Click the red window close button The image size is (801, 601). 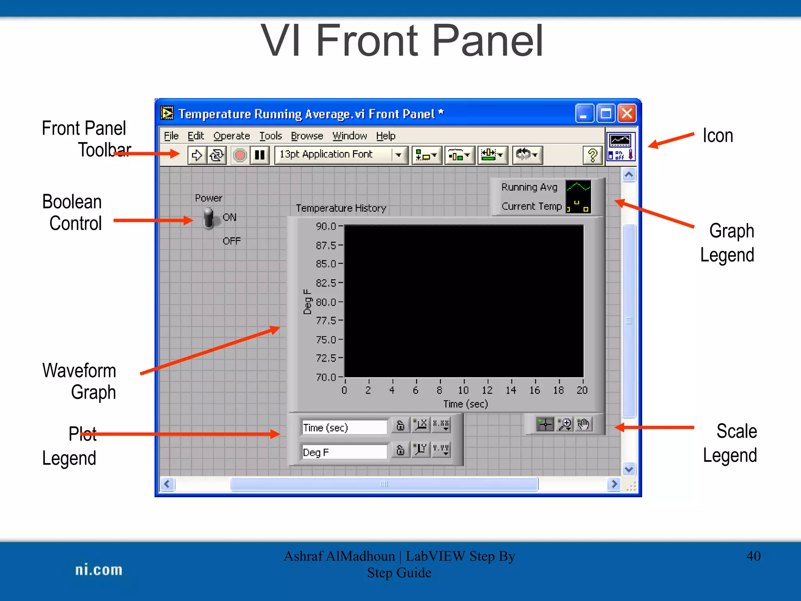click(627, 114)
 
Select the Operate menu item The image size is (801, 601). click(232, 136)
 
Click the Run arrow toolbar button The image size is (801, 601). click(197, 155)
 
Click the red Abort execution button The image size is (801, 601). click(240, 155)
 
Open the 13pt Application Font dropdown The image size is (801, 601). click(399, 155)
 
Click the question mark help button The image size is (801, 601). click(593, 155)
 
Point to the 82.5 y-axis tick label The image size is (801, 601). click(326, 283)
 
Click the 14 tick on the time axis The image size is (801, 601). click(511, 390)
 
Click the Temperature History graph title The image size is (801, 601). click(341, 208)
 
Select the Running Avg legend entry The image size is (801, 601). click(529, 187)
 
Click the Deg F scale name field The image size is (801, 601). click(343, 452)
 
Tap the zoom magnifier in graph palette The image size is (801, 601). click(564, 424)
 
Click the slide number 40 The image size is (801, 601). click(753, 556)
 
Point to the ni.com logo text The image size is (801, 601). click(99, 570)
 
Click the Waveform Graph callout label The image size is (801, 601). click(79, 381)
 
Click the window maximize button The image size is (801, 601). click(606, 114)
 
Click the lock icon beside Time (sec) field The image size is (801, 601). click(400, 425)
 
